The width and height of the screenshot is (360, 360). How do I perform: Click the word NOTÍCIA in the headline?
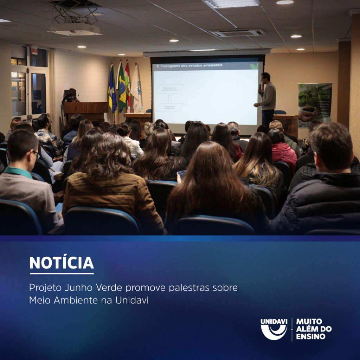(62, 263)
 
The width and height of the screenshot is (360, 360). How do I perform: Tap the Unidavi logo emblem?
(274, 329)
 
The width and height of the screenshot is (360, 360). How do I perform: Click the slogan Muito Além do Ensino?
(314, 329)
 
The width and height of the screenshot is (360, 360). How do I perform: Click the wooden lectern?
(86, 110)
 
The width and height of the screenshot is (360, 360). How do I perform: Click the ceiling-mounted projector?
(75, 29)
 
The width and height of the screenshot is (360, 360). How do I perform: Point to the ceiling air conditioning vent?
(237, 32)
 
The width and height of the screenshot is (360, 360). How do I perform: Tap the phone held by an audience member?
(182, 174)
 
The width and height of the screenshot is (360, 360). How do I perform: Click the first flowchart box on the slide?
(170, 89)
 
